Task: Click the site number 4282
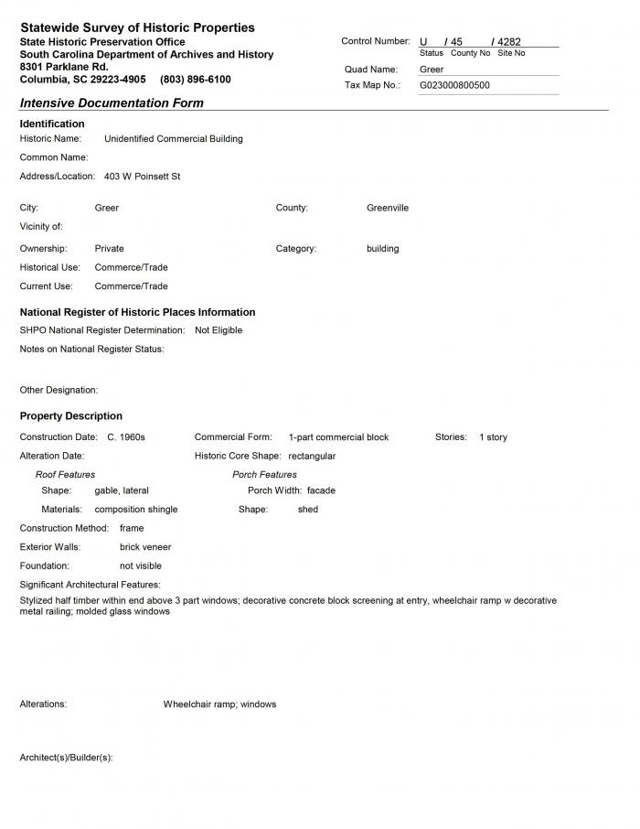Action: [x=508, y=42]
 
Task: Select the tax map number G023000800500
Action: [x=454, y=85]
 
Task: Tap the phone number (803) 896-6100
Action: [x=195, y=80]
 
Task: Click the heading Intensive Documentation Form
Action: [x=112, y=103]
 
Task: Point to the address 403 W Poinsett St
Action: [x=142, y=177]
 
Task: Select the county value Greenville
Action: [x=388, y=208]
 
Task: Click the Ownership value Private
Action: [x=109, y=249]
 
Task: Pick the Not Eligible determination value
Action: [x=219, y=330]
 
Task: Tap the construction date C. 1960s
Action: [x=126, y=437]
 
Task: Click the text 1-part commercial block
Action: [x=338, y=437]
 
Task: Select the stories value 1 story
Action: [x=493, y=437]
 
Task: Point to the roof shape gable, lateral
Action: [x=122, y=491]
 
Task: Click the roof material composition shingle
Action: [x=136, y=510]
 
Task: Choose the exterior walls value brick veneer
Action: [x=145, y=547]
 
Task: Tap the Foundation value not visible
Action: [x=141, y=566]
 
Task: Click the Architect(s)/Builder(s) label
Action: [x=66, y=758]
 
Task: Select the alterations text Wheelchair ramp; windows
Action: [x=219, y=705]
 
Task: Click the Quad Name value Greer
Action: [x=432, y=70]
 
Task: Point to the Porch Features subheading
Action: [x=264, y=475]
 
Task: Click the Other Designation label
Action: [x=59, y=391]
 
